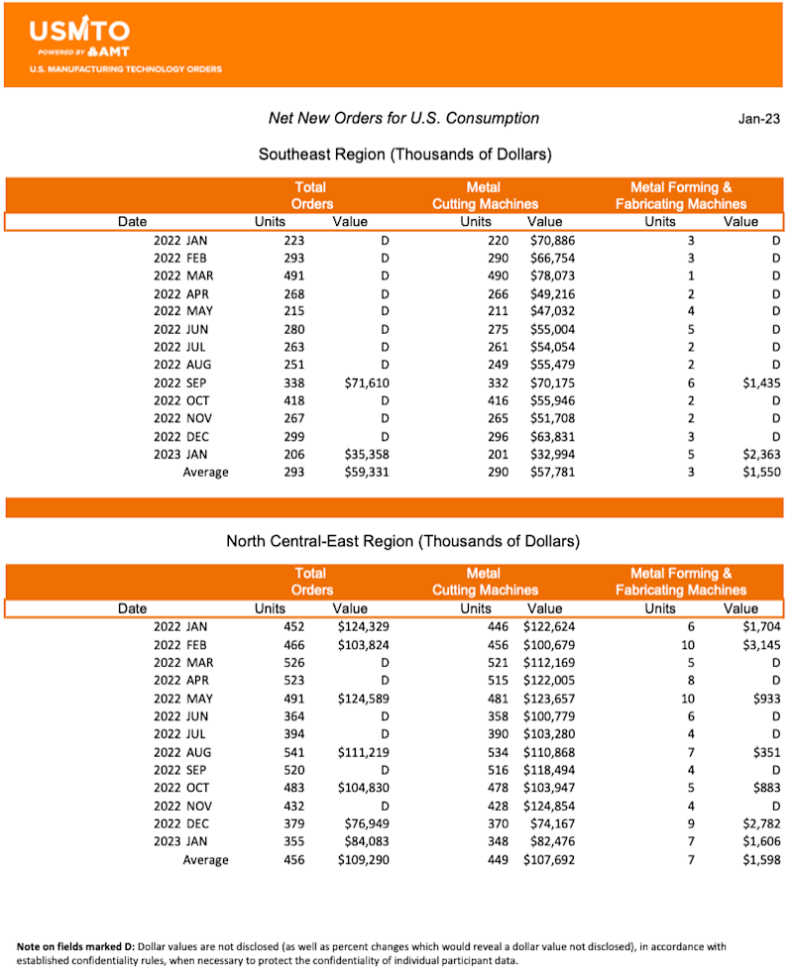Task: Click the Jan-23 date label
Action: point(758,119)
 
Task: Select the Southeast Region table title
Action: point(404,155)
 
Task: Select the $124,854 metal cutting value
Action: point(546,806)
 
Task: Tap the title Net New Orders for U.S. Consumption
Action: point(403,119)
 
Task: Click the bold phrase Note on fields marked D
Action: point(81,947)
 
